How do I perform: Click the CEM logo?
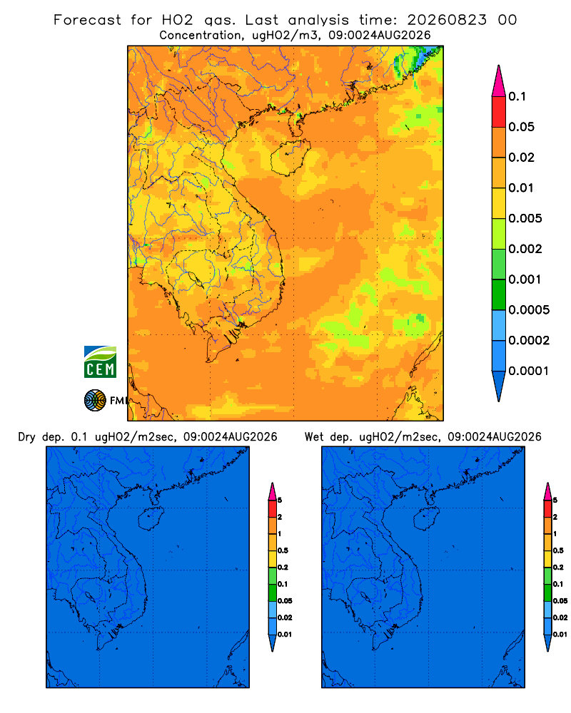100,362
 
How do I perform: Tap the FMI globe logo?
95,401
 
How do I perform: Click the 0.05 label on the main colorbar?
521,127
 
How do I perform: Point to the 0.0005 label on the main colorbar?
529,310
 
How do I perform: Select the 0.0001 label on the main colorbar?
529,371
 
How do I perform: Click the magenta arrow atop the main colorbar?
499,81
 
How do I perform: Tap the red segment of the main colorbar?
499,111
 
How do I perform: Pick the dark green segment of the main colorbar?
499,294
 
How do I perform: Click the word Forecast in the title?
87,20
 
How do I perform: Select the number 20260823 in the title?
447,20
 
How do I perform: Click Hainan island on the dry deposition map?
151,519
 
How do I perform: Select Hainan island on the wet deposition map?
427,519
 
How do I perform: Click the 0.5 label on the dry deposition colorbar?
283,550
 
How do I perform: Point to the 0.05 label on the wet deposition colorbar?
560,601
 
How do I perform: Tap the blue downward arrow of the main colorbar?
499,386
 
